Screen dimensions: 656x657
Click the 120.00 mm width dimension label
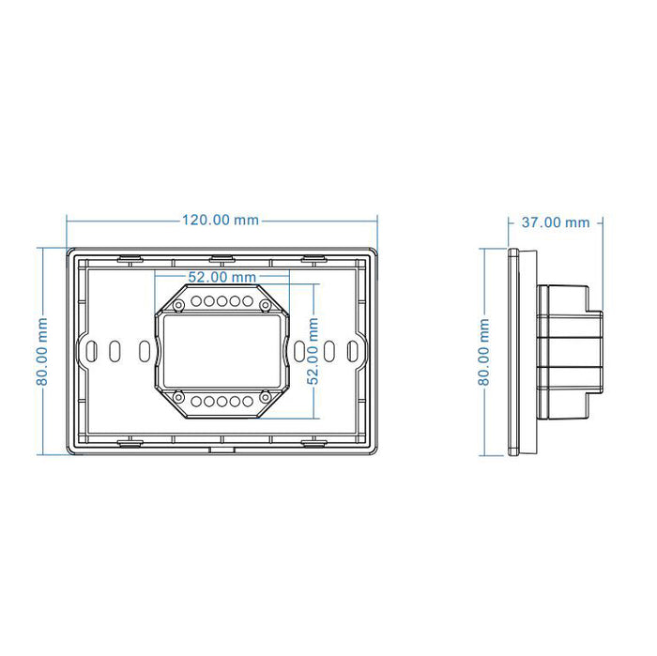point(220,221)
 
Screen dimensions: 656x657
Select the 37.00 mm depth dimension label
point(556,222)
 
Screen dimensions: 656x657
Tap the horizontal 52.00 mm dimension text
point(221,278)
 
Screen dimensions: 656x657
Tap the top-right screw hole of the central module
point(266,304)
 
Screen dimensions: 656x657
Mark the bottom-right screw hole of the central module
point(266,398)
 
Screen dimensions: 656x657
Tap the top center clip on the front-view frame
point(221,255)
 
